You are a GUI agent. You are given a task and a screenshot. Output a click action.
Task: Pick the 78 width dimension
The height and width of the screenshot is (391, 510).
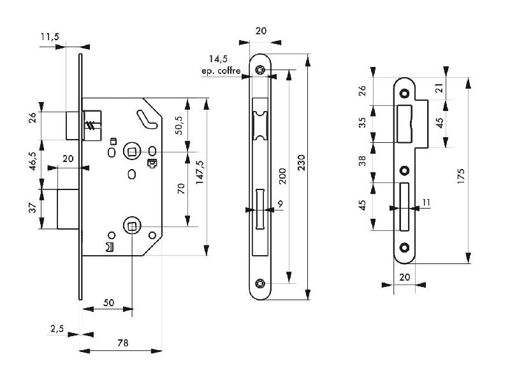pos(122,343)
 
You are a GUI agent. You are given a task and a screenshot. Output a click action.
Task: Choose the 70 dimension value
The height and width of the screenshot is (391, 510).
pos(180,189)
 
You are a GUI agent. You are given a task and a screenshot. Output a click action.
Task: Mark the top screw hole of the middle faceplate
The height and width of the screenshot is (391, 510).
pos(259,70)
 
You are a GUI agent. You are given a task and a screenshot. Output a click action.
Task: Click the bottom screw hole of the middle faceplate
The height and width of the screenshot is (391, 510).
pos(259,283)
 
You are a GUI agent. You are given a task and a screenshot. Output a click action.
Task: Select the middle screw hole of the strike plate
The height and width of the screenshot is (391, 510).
pos(404,171)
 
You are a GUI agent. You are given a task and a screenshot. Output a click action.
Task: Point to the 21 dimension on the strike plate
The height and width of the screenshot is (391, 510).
pos(439,88)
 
